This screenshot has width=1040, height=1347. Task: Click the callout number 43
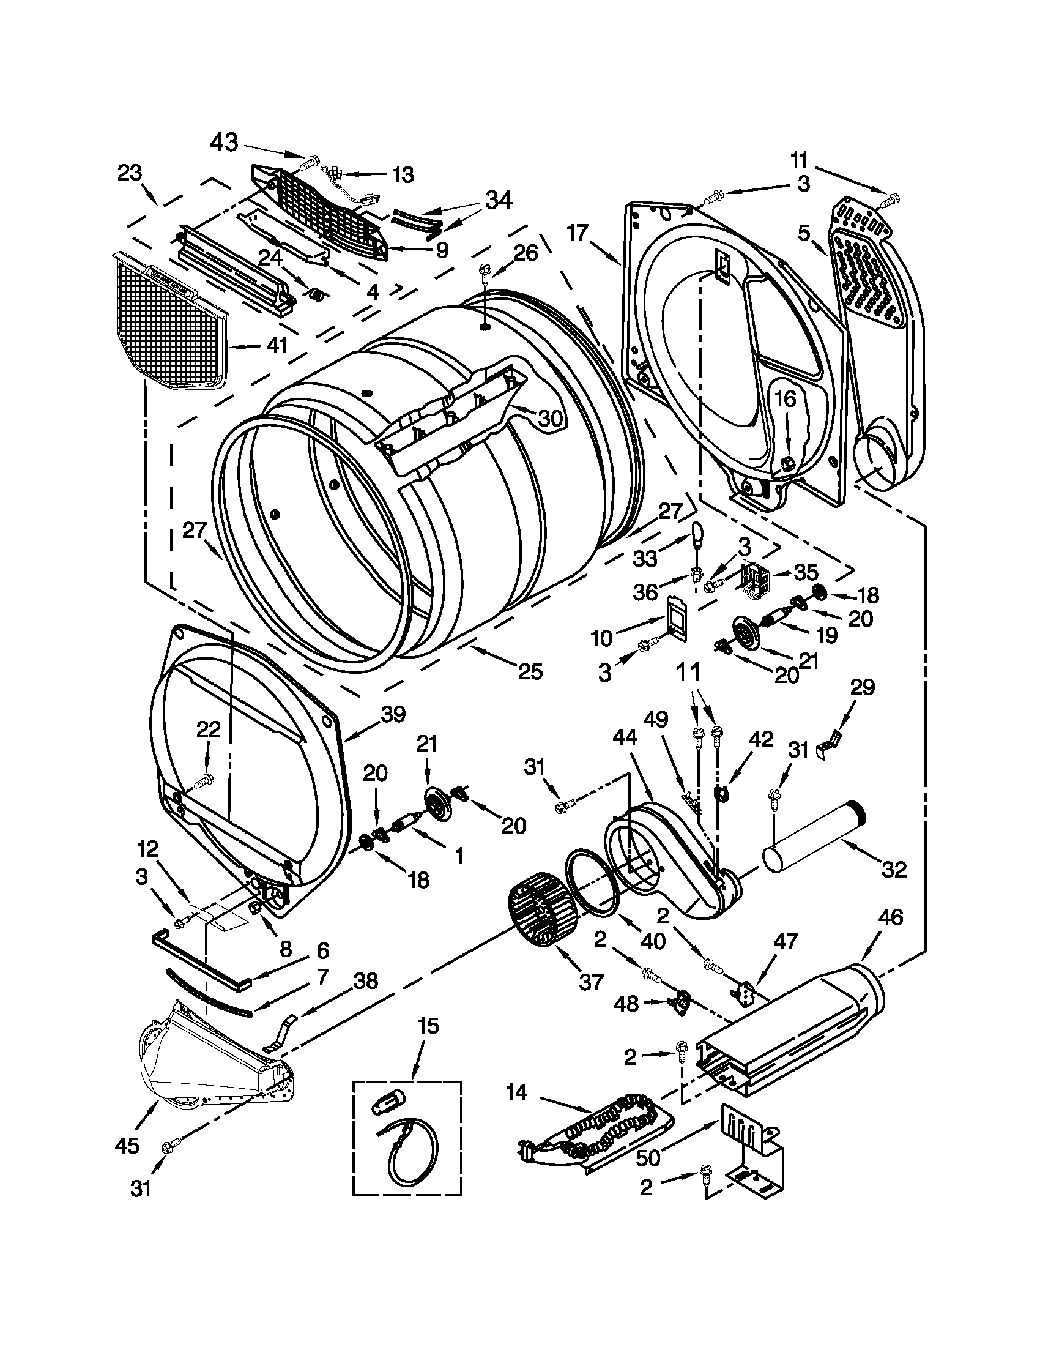click(x=224, y=143)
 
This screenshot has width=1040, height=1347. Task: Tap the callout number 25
click(x=530, y=671)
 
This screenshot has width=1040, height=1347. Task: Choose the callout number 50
click(x=648, y=1159)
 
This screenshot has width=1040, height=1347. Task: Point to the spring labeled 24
click(x=317, y=296)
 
